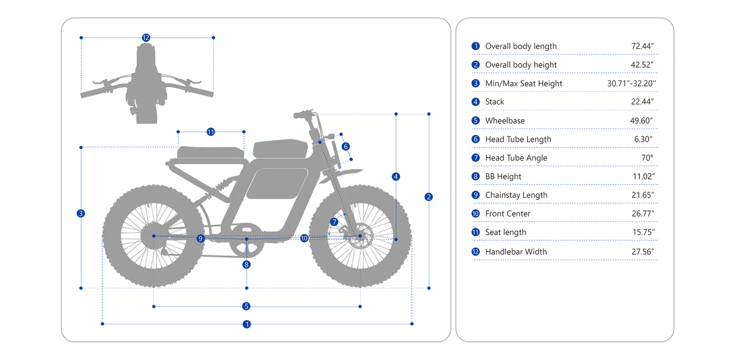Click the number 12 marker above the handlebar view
tap(146, 37)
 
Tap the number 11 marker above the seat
tap(211, 132)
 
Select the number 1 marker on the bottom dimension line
tap(247, 324)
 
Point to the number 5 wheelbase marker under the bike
tap(246, 306)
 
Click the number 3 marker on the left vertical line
tap(81, 213)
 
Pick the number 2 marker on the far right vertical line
tap(429, 197)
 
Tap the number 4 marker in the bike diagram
tap(396, 177)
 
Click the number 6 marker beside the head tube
tap(346, 146)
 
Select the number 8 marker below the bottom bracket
tap(247, 264)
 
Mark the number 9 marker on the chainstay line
tap(201, 238)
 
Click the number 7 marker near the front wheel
tap(334, 222)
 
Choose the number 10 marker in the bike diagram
tap(304, 238)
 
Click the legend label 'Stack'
tap(495, 102)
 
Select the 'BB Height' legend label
tap(503, 176)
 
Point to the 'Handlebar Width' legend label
tap(516, 251)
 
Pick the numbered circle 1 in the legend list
tap(476, 46)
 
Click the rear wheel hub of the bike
tap(153, 236)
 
